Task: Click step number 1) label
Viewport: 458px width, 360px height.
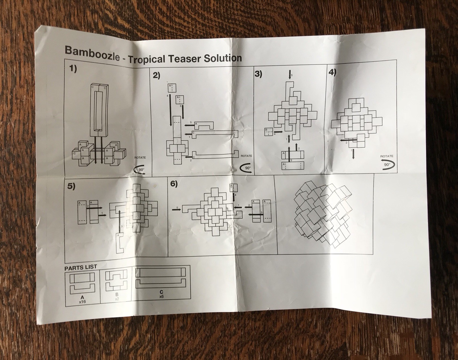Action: coord(72,70)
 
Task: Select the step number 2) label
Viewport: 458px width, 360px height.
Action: coord(156,76)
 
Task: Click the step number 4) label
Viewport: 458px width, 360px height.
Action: coord(332,72)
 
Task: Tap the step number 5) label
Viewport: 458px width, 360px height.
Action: coord(71,186)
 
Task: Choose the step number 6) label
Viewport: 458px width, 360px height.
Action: coord(174,184)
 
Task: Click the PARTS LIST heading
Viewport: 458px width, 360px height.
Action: coord(80,268)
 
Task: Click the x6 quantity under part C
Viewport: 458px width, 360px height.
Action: coord(161,297)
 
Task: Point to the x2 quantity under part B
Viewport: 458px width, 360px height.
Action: coord(117,299)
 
